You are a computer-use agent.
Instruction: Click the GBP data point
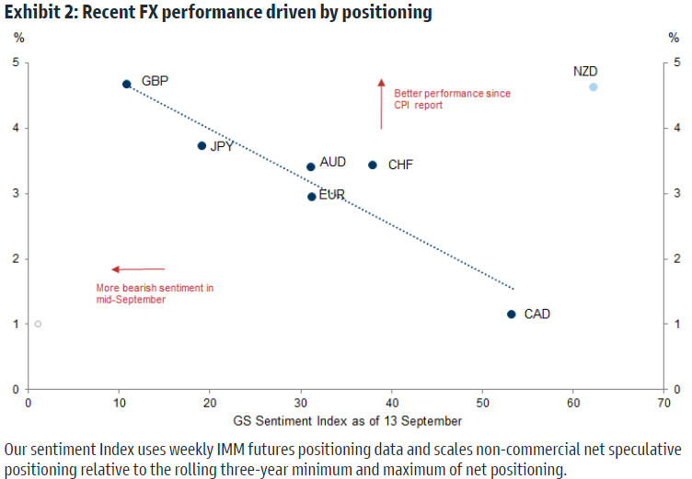click(127, 84)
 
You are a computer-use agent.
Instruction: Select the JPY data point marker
click(202, 145)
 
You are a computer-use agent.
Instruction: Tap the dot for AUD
click(311, 166)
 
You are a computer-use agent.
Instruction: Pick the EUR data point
click(312, 196)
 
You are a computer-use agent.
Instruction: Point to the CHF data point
click(373, 165)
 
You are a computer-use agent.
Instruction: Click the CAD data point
click(512, 314)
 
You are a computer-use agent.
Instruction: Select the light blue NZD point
click(594, 87)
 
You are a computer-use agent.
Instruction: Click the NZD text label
click(585, 71)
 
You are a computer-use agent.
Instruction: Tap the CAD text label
click(537, 314)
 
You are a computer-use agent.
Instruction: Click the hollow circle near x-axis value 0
click(38, 324)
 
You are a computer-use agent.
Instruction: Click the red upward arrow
click(381, 103)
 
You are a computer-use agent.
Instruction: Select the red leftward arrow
click(138, 269)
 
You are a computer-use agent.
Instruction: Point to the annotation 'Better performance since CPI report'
click(452, 99)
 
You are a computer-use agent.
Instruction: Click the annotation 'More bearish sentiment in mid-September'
click(155, 293)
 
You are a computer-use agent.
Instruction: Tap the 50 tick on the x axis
click(482, 404)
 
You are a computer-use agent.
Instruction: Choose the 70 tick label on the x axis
click(663, 404)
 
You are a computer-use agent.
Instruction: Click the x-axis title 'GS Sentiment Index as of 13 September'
click(346, 421)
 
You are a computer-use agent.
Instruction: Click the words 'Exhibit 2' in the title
click(37, 13)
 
